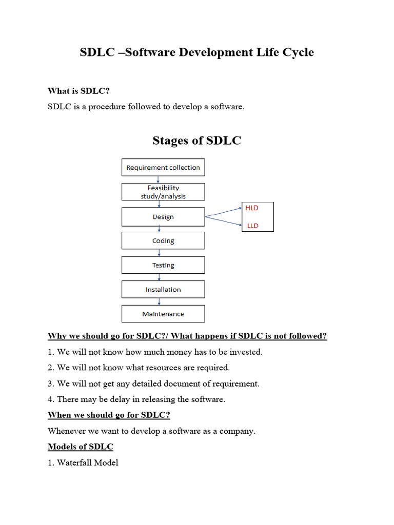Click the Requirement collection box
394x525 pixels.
(163, 168)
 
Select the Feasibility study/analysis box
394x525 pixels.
(163, 192)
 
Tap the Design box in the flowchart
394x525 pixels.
(163, 217)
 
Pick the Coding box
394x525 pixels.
(163, 240)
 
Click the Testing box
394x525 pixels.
(163, 265)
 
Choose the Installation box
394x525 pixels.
(163, 289)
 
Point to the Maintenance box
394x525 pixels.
(163, 314)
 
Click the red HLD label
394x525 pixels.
(252, 208)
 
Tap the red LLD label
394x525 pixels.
(252, 226)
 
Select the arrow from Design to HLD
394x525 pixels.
(224, 212)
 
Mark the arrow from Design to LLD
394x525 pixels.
(224, 221)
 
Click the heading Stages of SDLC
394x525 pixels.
(196, 140)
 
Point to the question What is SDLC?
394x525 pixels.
(78, 91)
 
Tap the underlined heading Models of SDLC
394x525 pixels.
(80, 447)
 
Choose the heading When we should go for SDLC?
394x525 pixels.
(108, 415)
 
